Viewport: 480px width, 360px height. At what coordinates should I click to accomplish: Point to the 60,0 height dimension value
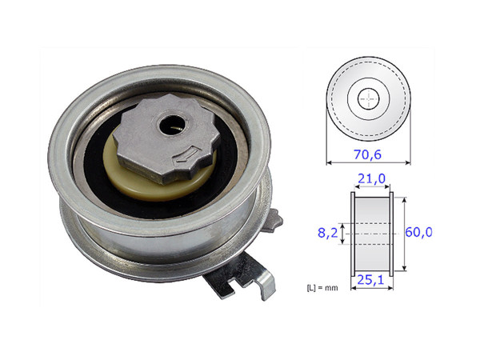pos(418,233)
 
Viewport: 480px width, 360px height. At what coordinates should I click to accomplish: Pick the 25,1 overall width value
pos(370,281)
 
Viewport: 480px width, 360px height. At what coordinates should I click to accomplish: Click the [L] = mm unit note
pos(329,286)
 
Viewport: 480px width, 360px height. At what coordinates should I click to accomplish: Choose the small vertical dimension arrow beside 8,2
pos(342,234)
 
